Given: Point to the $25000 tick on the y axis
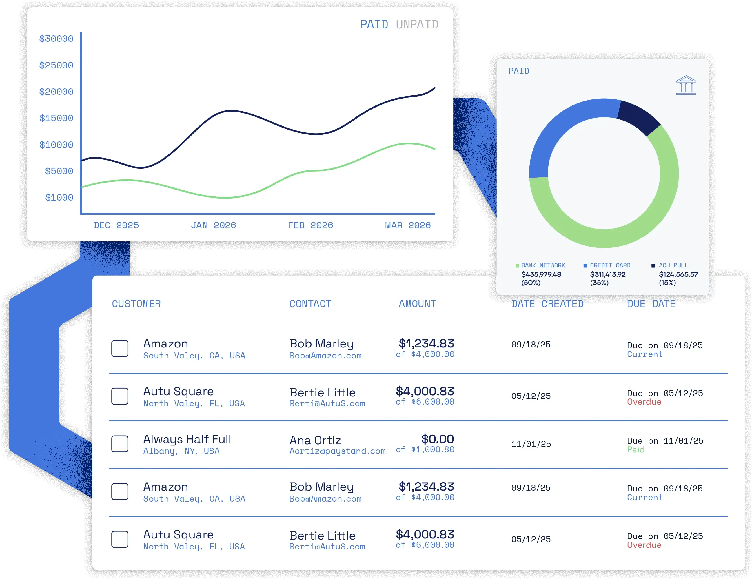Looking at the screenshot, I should (x=56, y=65).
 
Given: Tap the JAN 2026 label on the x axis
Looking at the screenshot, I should (x=214, y=225).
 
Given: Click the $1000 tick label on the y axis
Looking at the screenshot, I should (x=59, y=198).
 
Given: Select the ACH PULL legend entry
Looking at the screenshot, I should (x=673, y=265).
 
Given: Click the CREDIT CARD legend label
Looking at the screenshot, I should (x=610, y=265).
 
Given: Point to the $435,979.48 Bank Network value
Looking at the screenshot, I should (x=541, y=274).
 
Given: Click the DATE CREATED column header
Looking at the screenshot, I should (x=547, y=304).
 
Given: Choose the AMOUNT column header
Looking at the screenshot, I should (x=417, y=304).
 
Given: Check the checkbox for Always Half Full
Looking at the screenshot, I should (x=120, y=444).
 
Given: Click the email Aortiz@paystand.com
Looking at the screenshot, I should (x=337, y=451).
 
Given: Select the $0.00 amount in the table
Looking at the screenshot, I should (x=437, y=439).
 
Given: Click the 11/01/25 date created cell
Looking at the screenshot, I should (x=531, y=444).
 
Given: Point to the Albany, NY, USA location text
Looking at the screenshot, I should (x=181, y=451).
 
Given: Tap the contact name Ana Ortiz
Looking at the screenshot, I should (x=315, y=440).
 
